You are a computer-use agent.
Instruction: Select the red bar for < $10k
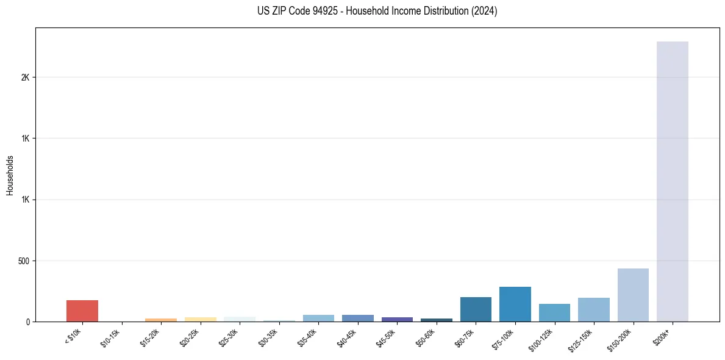coord(82,311)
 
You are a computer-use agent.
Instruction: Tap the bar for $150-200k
coord(633,295)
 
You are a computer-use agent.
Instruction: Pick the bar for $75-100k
coord(515,304)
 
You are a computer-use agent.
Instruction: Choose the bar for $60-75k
coord(476,309)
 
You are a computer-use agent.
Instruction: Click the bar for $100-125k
coord(554,312)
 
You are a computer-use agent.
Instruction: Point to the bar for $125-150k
coord(593,309)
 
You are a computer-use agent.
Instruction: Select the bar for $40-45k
coord(357,318)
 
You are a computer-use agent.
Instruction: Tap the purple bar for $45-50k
coord(397,319)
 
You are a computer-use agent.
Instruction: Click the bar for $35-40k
coord(318,318)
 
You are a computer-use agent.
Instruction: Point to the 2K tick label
coord(25,77)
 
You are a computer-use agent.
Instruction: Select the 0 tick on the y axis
coord(27,322)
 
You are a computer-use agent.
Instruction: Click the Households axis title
coord(10,175)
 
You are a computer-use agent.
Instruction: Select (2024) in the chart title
coord(485,11)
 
